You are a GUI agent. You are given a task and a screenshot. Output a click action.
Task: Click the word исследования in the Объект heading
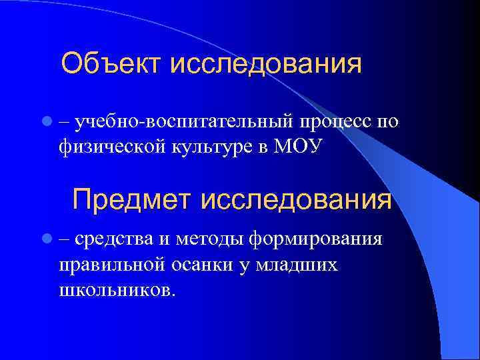coord(266,65)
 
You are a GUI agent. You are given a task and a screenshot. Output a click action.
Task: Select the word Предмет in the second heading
coord(131,199)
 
